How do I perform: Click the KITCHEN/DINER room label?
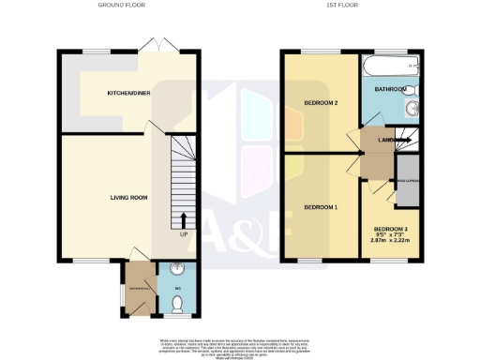(x=128, y=94)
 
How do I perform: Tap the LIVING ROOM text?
(x=128, y=197)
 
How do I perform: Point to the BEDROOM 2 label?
(x=321, y=103)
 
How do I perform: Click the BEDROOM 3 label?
(x=390, y=229)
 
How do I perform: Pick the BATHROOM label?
(x=390, y=89)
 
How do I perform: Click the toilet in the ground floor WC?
(x=177, y=303)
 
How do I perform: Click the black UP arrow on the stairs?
(x=182, y=219)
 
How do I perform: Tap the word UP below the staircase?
(x=182, y=234)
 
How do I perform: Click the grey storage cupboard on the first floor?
(x=407, y=188)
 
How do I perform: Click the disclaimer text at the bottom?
(x=240, y=341)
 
